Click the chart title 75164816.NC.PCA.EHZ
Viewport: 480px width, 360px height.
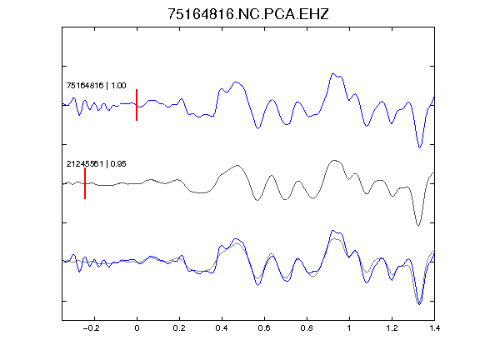pyautogui.click(x=248, y=14)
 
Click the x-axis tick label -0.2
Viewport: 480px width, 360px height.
pyautogui.click(x=92, y=328)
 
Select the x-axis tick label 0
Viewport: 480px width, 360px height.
pyautogui.click(x=137, y=328)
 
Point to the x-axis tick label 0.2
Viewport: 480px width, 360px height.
pyautogui.click(x=179, y=328)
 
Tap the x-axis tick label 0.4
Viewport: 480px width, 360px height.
pyautogui.click(x=222, y=328)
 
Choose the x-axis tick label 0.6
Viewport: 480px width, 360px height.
pyautogui.click(x=264, y=328)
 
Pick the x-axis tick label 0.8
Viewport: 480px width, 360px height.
pyautogui.click(x=307, y=328)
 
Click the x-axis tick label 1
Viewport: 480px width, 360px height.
pyautogui.click(x=349, y=328)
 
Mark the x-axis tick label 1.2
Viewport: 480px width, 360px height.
pyautogui.click(x=392, y=328)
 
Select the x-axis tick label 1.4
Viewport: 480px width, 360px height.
pyautogui.click(x=434, y=328)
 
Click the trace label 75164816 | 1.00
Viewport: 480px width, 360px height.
pyautogui.click(x=96, y=85)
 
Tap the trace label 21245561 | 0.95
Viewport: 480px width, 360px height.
pyautogui.click(x=96, y=164)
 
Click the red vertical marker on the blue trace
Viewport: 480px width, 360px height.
pyautogui.click(x=137, y=105)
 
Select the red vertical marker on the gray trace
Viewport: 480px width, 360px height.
pyautogui.click(x=85, y=183)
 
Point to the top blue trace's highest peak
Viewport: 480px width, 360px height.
pyautogui.click(x=332, y=74)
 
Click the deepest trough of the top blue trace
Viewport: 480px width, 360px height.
pyautogui.click(x=420, y=147)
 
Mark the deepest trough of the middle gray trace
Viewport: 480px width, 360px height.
pyautogui.click(x=418, y=226)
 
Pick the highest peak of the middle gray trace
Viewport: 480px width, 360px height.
pyautogui.click(x=335, y=160)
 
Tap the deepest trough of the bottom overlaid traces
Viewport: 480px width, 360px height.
pyautogui.click(x=419, y=304)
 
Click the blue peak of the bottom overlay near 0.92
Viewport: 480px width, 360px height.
pyautogui.click(x=332, y=231)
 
